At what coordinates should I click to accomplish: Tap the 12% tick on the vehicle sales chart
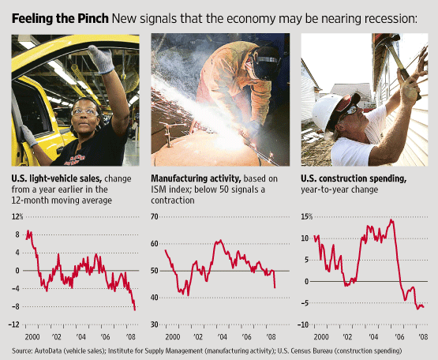tap(18, 216)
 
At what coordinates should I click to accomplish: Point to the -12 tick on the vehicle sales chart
tap(16, 324)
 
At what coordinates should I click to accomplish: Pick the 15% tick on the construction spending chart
tap(307, 216)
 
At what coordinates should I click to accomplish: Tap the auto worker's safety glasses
tap(83, 112)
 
